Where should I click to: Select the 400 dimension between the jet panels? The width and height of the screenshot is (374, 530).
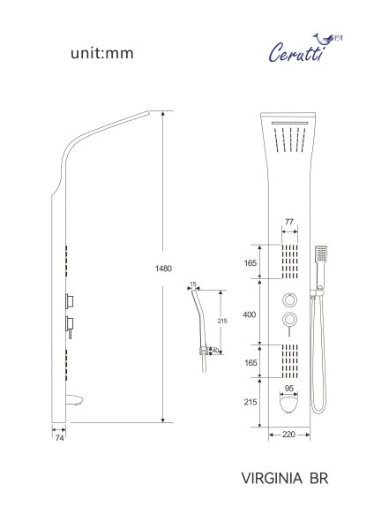pyautogui.click(x=251, y=314)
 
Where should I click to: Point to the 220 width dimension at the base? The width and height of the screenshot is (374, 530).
pyautogui.click(x=288, y=435)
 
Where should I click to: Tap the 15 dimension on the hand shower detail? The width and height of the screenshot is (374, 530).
pyautogui.click(x=194, y=284)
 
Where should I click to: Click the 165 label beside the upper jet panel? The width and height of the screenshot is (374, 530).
pyautogui.click(x=251, y=261)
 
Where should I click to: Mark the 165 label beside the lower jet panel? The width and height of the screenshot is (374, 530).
pyautogui.click(x=251, y=362)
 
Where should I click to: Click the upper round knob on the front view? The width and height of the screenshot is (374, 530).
pyautogui.click(x=288, y=297)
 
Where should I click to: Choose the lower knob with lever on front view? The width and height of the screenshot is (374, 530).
pyautogui.click(x=288, y=320)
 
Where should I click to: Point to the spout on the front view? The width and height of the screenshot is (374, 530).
pyautogui.click(x=288, y=406)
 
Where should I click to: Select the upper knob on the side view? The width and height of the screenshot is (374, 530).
pyautogui.click(x=69, y=299)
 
